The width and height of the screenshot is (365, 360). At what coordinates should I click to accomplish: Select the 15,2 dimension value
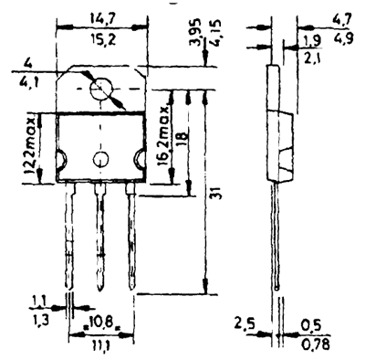click(103, 39)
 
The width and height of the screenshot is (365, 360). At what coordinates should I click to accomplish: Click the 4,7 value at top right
click(342, 20)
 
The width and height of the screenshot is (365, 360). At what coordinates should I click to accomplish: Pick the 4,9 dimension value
click(343, 38)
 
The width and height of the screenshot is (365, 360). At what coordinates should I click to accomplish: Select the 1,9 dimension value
click(312, 41)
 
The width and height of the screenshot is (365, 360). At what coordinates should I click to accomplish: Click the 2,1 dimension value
click(312, 58)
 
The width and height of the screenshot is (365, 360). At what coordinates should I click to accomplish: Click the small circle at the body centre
click(101, 159)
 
